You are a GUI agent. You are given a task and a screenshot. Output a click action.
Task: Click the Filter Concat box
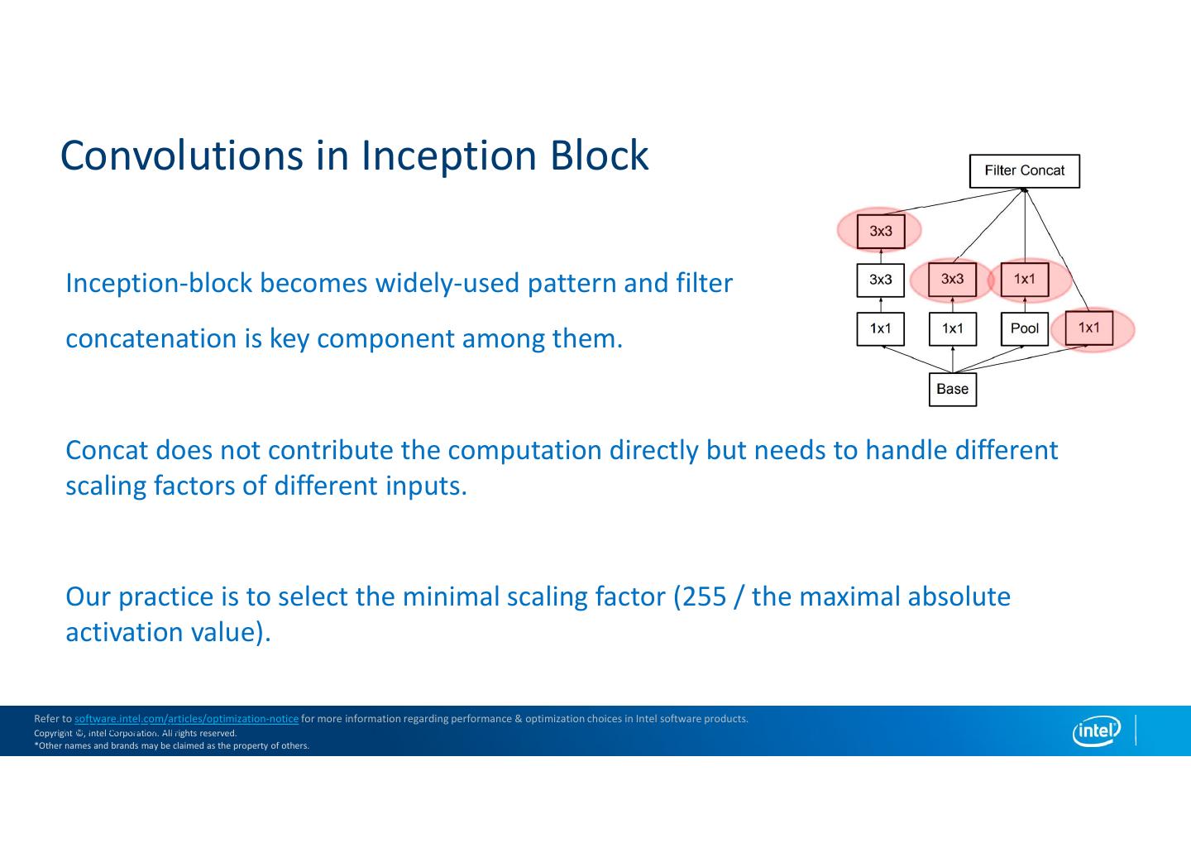point(1024,171)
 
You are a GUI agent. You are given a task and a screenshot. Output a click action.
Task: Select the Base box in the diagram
point(952,389)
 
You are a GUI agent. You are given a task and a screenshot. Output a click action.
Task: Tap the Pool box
point(1024,328)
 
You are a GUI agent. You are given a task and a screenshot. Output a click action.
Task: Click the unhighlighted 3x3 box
point(880,280)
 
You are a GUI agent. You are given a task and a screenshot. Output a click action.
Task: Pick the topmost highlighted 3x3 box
point(880,231)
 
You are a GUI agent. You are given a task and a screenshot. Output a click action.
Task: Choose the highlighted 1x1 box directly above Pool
point(1024,280)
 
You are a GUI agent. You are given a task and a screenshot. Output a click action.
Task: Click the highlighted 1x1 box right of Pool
point(1088,328)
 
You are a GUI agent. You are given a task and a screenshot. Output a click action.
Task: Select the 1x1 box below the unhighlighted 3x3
point(880,328)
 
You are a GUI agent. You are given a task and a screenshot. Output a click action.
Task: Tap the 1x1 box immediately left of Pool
point(952,328)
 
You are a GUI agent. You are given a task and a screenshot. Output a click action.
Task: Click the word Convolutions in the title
point(181,156)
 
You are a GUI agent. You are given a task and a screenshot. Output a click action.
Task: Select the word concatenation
point(151,338)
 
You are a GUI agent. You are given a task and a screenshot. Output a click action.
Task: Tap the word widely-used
point(447,283)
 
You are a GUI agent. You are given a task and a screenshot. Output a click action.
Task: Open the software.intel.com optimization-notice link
point(186,719)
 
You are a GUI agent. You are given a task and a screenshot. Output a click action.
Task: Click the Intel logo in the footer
point(1096,730)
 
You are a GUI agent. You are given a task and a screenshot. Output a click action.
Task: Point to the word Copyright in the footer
point(53,733)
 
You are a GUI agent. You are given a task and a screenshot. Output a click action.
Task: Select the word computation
point(524,450)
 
